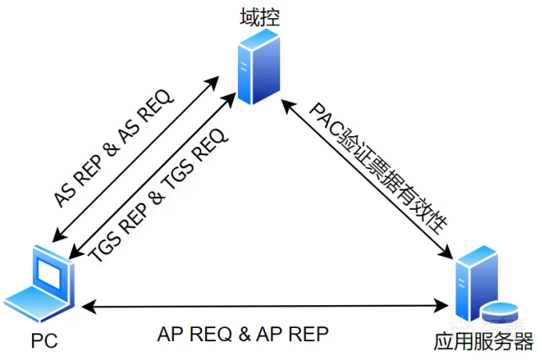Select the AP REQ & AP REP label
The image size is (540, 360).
tap(243, 334)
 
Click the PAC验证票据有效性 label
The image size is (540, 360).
tap(378, 167)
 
